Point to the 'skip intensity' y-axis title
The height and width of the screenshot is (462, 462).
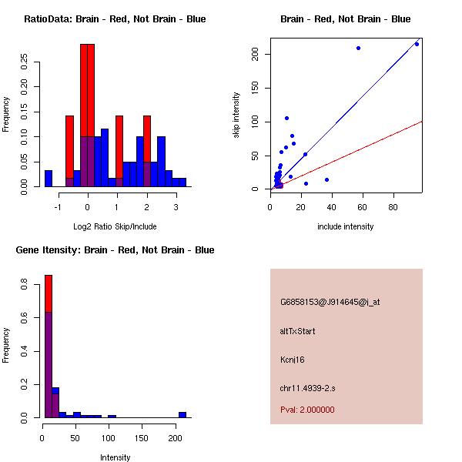tap(236, 116)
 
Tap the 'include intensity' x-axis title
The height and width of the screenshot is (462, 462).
tap(345, 226)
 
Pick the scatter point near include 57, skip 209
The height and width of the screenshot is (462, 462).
tap(358, 48)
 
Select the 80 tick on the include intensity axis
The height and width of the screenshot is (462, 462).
tap(393, 206)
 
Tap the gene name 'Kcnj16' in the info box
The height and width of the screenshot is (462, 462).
tap(293, 359)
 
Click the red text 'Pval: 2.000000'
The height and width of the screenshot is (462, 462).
tap(307, 410)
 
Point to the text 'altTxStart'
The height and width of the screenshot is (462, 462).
tap(298, 331)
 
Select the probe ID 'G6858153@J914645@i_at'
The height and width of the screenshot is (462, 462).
tap(330, 302)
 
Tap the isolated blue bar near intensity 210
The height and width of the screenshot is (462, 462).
tap(182, 414)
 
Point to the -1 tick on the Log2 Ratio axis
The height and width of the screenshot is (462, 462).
tap(59, 206)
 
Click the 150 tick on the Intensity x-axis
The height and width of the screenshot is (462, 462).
tap(142, 437)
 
